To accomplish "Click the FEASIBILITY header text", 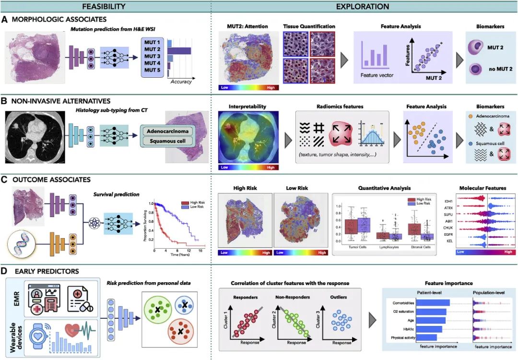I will (104, 6).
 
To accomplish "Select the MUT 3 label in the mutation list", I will (153, 56).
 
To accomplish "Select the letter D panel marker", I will (5, 272).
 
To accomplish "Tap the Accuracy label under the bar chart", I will (181, 82).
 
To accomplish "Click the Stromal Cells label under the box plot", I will (421, 248).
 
